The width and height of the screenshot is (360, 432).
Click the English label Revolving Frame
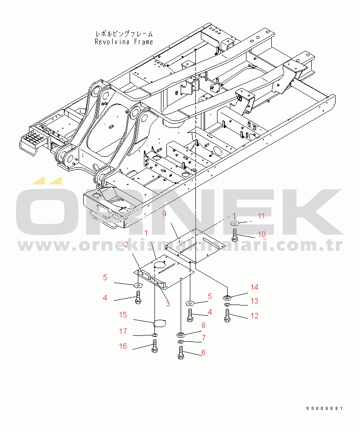pyautogui.click(x=124, y=42)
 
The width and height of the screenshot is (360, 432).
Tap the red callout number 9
pyautogui.click(x=164, y=213)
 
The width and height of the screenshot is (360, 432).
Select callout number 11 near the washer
pyautogui.click(x=261, y=216)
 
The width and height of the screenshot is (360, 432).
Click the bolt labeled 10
pyautogui.click(x=234, y=235)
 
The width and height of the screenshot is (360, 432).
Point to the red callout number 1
pyautogui.click(x=146, y=233)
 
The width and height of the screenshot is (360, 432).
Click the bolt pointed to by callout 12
pyautogui.click(x=227, y=316)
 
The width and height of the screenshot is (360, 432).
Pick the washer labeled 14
pyautogui.click(x=227, y=298)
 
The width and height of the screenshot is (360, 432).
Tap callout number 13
pyautogui.click(x=254, y=301)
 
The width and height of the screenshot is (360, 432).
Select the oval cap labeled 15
pyautogui.click(x=160, y=323)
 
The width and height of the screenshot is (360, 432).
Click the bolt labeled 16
pyautogui.click(x=154, y=346)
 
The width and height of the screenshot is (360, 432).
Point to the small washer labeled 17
pyautogui.click(x=154, y=335)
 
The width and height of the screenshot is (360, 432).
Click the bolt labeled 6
pyautogui.click(x=181, y=353)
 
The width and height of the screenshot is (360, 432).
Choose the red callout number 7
pyautogui.click(x=204, y=338)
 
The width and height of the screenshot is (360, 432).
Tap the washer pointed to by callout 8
pyautogui.click(x=181, y=335)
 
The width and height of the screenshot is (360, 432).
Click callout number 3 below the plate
pyautogui.click(x=168, y=304)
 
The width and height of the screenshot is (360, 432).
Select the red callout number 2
pyautogui.click(x=126, y=244)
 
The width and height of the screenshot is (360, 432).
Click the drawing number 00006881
pyautogui.click(x=325, y=408)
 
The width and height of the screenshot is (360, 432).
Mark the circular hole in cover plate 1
pyautogui.click(x=159, y=265)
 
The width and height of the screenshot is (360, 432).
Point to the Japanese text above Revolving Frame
pyautogui.click(x=124, y=34)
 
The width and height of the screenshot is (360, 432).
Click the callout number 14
pyautogui.click(x=254, y=288)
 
